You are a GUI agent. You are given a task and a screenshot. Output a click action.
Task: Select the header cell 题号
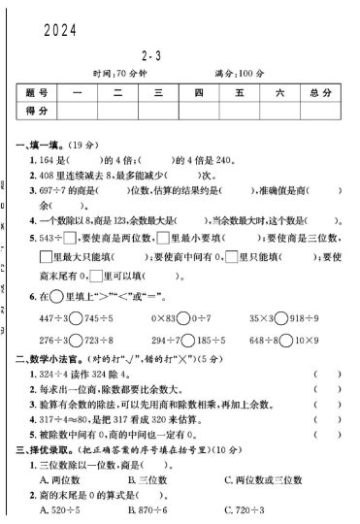[38, 93]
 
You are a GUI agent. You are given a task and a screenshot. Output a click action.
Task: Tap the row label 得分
[38, 112]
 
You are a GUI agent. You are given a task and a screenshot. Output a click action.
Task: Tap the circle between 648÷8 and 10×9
[287, 341]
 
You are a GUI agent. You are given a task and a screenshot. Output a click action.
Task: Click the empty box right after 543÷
[71, 236]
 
